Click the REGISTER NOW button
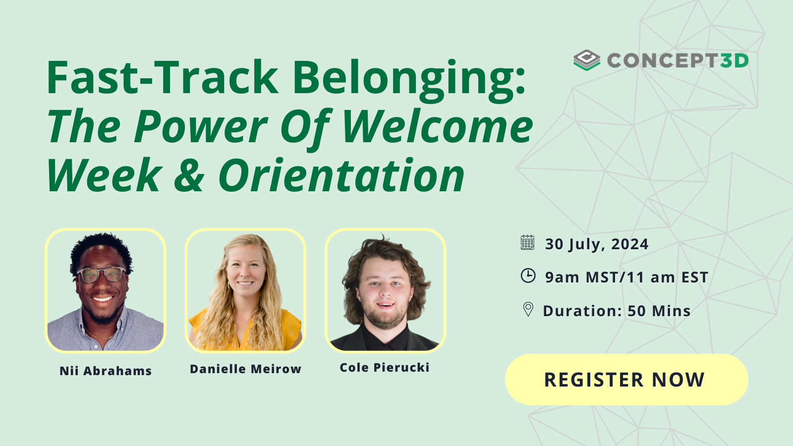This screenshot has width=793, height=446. coord(626,380)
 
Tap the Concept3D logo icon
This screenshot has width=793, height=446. coord(587,60)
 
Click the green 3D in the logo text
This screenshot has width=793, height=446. coord(734,60)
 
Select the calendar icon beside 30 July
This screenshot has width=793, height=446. coord(527,243)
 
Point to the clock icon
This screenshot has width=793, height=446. coord(528,276)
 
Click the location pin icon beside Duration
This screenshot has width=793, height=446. coord(528,309)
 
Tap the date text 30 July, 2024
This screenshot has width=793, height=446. coord(596,244)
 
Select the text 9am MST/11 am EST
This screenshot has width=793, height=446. coord(626,277)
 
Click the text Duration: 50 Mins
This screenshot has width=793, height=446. coord(617,311)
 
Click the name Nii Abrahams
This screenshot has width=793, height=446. coord(106,371)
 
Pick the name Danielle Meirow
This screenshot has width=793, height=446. coord(245,369)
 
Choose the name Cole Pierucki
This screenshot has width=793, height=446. coord(384,367)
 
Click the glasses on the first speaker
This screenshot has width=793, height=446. coord(102,274)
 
